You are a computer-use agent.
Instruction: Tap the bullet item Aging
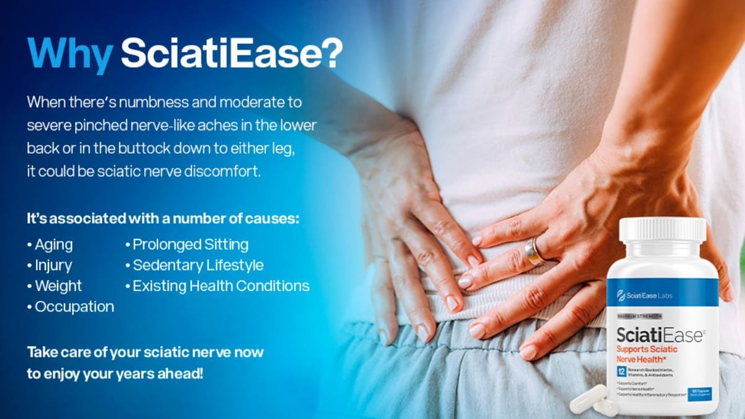point(53,245)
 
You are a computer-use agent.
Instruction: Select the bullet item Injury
point(53,265)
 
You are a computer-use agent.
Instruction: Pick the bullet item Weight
point(58,286)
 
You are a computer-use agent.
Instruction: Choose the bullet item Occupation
point(74,307)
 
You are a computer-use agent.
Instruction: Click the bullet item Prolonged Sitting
point(190,245)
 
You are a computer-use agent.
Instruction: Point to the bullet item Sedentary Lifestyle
point(197,265)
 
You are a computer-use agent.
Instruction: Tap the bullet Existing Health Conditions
point(220,286)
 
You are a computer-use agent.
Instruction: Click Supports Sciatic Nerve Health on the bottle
point(651,355)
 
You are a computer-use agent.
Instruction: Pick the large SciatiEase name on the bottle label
point(658,336)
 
